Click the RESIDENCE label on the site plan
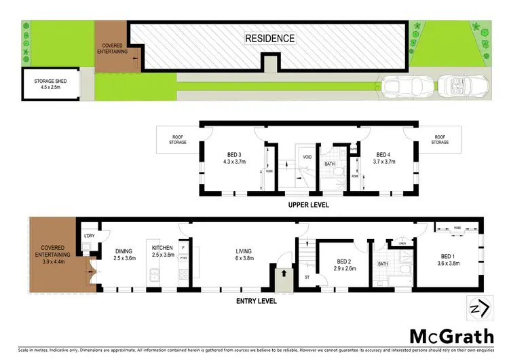[269, 38]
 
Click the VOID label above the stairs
[307, 158]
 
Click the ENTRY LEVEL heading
[255, 300]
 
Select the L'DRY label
[88, 236]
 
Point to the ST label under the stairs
[307, 277]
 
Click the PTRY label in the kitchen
[183, 257]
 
